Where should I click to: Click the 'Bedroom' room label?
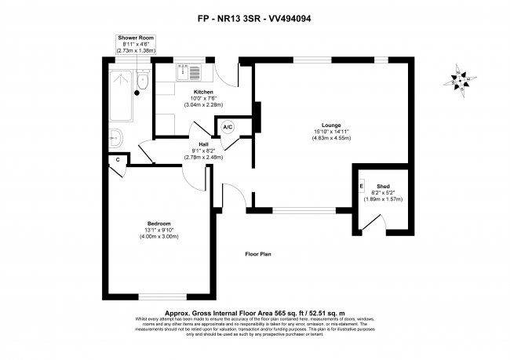click(159, 224)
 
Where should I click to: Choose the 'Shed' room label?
click(383, 186)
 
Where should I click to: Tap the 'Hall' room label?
click(202, 144)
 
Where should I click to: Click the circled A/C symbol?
click(228, 127)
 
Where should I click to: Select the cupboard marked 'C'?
click(118, 159)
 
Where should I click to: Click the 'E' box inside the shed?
click(362, 186)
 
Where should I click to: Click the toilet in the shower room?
click(141, 80)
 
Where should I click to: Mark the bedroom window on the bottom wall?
click(159, 295)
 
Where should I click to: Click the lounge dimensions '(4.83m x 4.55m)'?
click(329, 137)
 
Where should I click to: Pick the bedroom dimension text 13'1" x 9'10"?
click(159, 230)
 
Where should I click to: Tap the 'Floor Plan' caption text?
click(258, 254)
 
